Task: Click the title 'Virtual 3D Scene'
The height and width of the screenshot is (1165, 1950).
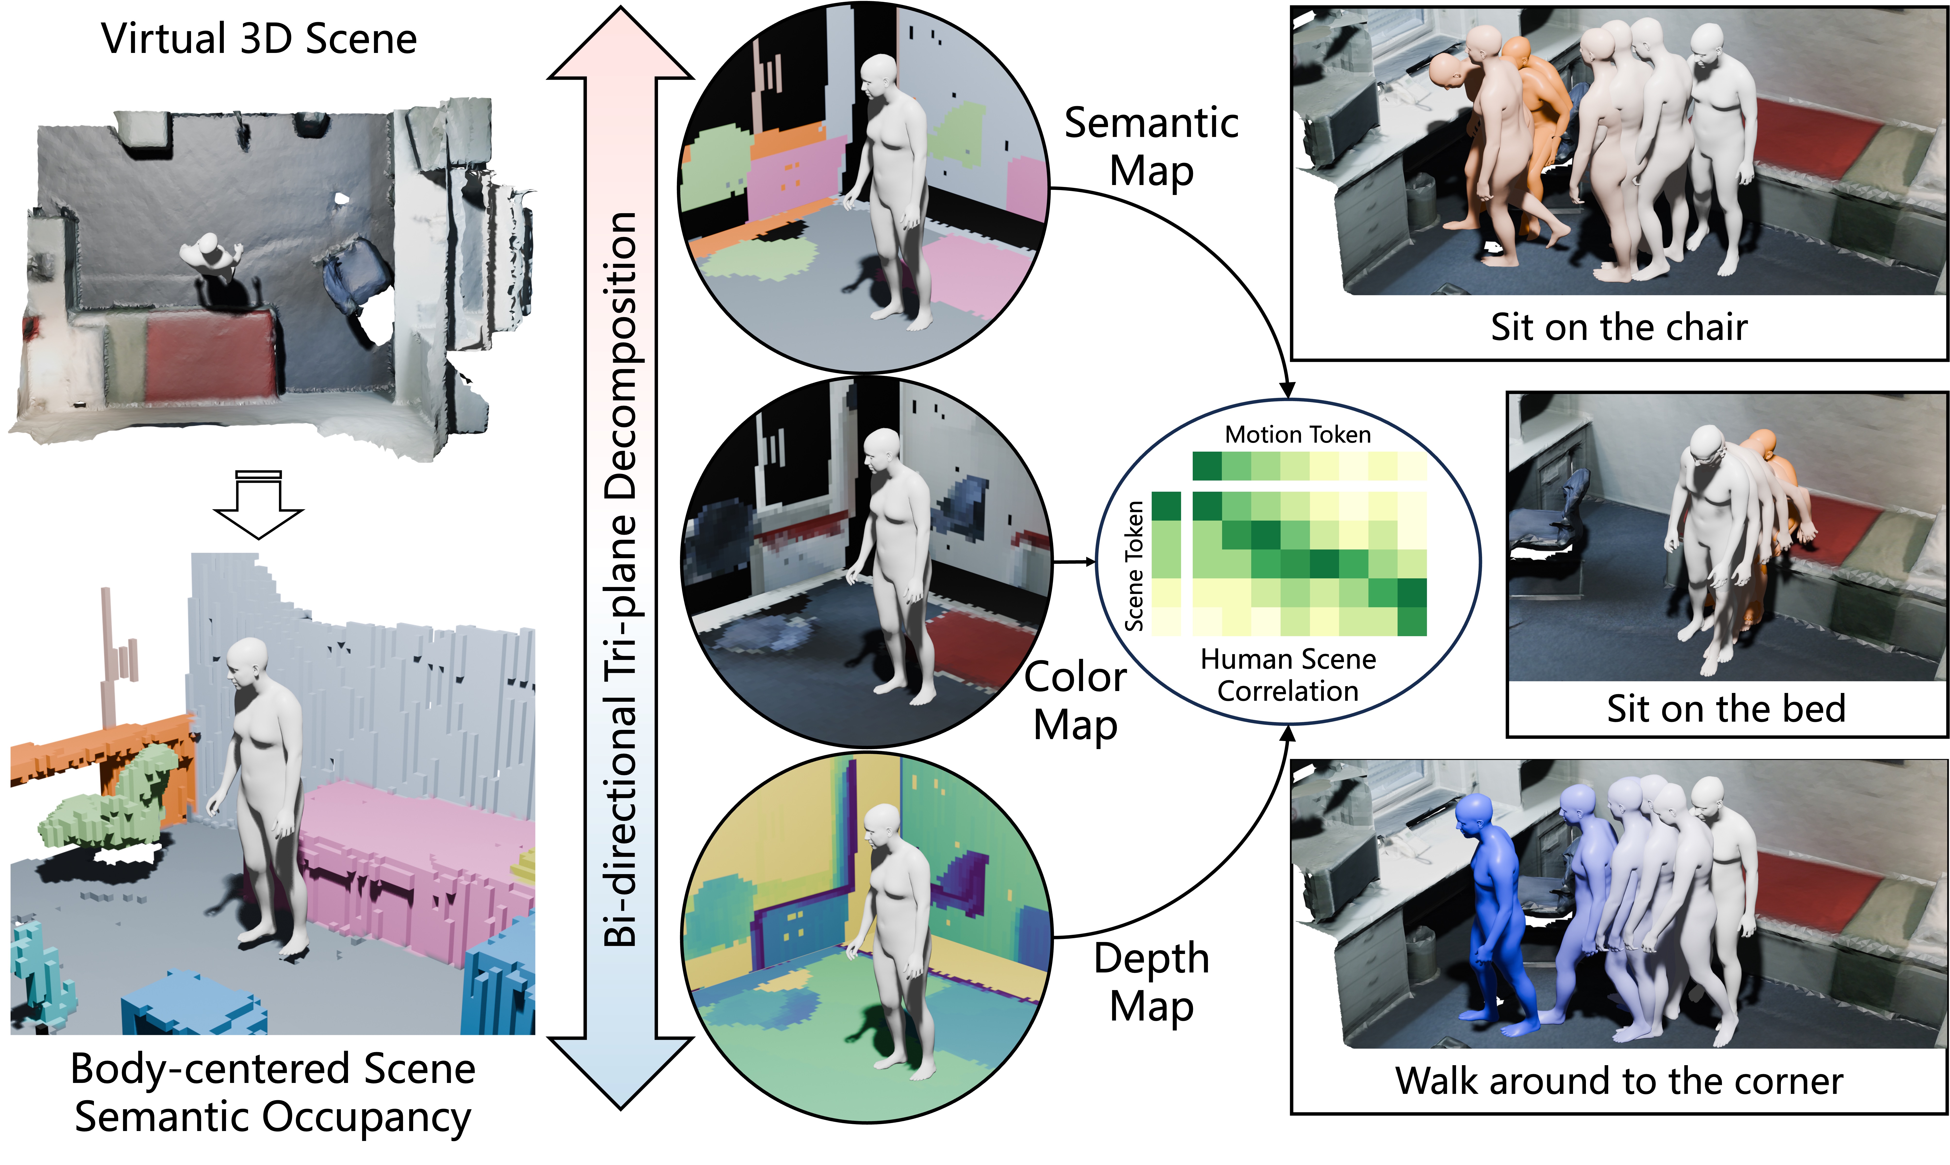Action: tap(259, 39)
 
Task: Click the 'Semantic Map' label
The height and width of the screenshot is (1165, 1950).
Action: tap(1151, 147)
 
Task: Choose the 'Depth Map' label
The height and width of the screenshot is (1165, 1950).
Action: tap(1151, 981)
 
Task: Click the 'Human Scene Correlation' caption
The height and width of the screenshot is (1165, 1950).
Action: tap(1288, 675)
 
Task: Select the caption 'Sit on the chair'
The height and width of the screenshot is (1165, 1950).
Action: tap(1619, 327)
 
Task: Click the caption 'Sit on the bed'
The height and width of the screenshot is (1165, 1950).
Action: tap(1725, 709)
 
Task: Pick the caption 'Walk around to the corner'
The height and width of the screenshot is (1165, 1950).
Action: tap(1619, 1081)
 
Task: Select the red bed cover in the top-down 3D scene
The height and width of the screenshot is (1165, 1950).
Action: tap(210, 353)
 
